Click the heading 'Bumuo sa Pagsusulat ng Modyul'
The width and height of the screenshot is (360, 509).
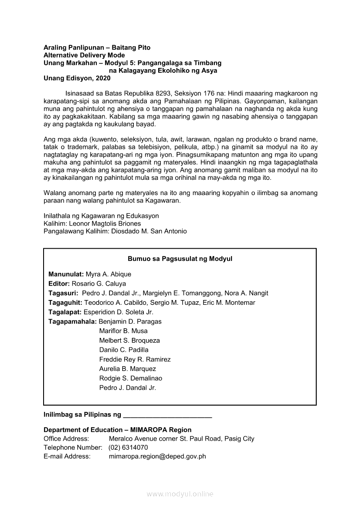click(180, 259)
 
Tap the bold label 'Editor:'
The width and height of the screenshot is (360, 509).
click(59, 283)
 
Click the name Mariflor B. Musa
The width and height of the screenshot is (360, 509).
click(123, 331)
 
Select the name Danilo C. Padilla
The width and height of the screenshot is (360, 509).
click(124, 350)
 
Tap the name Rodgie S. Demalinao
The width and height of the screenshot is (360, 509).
click(131, 378)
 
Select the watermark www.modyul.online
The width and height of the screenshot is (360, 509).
click(180, 494)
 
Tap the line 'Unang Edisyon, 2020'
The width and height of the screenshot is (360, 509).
click(77, 78)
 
